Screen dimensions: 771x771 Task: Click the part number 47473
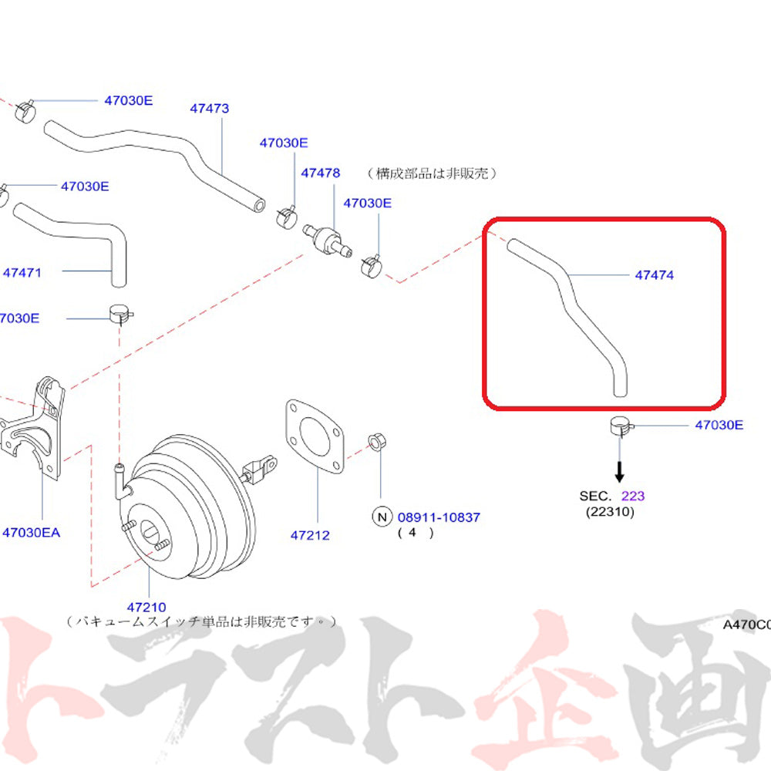tap(210, 109)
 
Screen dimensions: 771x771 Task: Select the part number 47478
tap(320, 173)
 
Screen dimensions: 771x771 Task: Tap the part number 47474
tap(655, 274)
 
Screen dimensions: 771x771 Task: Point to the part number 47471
tap(22, 272)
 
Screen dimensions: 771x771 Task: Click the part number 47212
tap(310, 535)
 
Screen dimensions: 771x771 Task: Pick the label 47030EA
tap(31, 532)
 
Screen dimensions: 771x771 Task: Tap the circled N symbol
tap(382, 517)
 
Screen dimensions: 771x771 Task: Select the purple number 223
tap(633, 496)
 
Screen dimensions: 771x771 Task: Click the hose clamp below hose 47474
tap(619, 425)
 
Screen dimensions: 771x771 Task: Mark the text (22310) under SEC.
tap(609, 511)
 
